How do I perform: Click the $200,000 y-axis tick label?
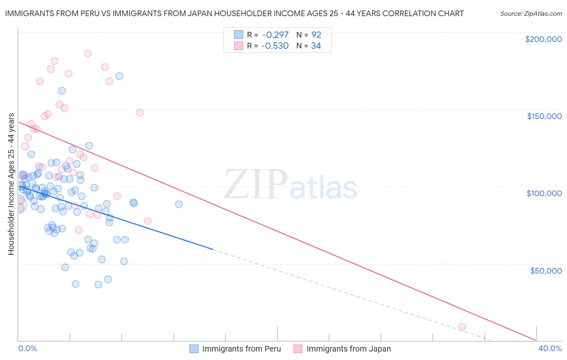(543, 39)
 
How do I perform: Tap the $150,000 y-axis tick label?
(544, 116)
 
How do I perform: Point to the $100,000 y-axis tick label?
(544, 193)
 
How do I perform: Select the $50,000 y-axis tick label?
(546, 270)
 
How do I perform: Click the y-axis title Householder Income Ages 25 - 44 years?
(11, 184)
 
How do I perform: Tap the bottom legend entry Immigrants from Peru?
(241, 349)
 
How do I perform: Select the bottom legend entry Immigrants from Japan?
(348, 349)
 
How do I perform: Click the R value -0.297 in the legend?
(275, 35)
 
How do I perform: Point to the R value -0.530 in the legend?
(275, 46)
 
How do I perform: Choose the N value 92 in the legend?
(316, 35)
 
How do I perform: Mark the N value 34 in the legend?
(316, 46)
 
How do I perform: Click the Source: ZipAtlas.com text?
(531, 14)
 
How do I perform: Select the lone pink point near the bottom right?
(462, 327)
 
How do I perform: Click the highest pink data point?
(88, 53)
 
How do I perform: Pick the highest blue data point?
(119, 76)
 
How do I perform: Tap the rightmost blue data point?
(179, 204)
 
